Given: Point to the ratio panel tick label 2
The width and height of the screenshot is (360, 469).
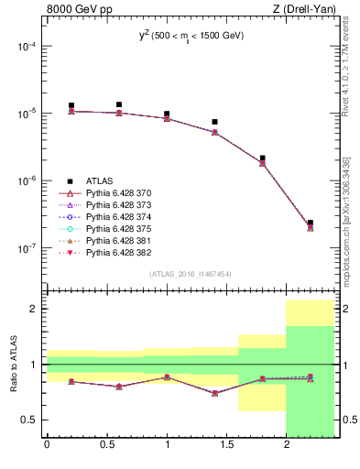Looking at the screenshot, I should pos(34,310).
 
